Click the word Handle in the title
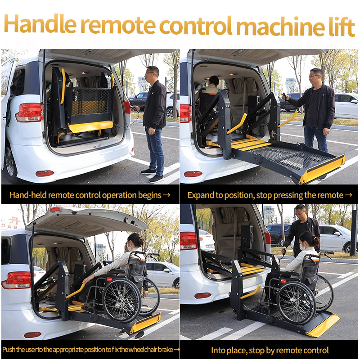click(40, 24)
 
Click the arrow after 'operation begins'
click(166, 195)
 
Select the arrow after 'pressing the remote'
click(348, 195)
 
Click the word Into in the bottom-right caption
click(218, 351)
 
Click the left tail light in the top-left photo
click(29, 112)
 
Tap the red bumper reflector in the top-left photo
click(45, 173)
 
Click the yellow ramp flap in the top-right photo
click(322, 169)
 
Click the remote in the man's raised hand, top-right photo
click(285, 95)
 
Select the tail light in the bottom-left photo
click(16, 280)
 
